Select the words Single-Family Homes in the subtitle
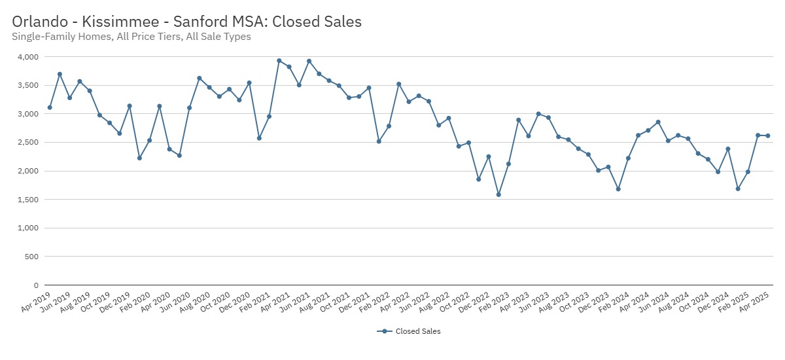point(62,37)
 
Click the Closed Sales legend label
point(418,331)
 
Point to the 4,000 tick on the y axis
point(28,57)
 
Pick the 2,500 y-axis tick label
point(28,143)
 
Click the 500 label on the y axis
point(32,257)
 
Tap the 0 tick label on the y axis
point(37,285)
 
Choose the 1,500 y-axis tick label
point(28,200)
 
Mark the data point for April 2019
point(50,107)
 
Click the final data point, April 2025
point(768,135)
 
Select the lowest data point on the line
point(498,194)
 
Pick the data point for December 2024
point(728,149)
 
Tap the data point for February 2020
point(139,158)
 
